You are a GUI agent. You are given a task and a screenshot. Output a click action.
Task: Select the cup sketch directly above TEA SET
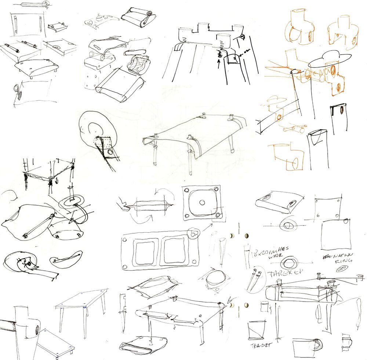(x=256, y=330)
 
